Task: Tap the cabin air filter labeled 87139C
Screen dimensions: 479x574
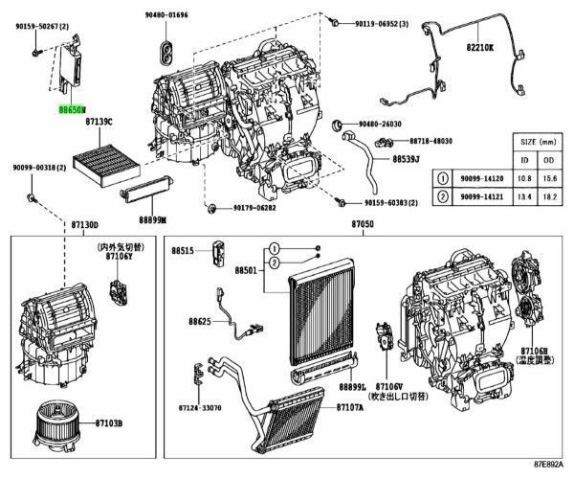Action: click(x=96, y=156)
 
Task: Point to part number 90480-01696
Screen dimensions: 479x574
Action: click(x=166, y=15)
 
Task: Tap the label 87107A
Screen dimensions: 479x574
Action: click(x=350, y=406)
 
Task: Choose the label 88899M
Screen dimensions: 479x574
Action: click(x=152, y=219)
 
